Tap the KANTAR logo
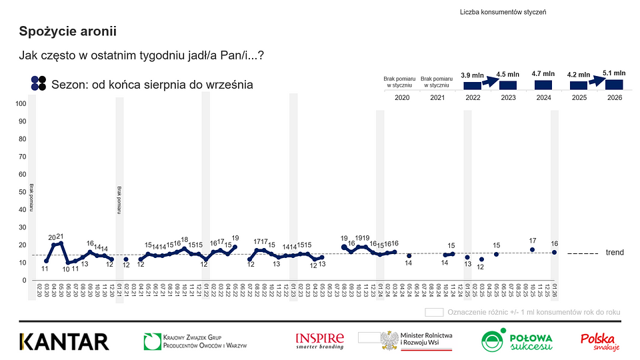[x=64, y=341]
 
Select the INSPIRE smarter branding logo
[x=320, y=341]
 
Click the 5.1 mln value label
[x=614, y=73]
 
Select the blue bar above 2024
[x=543, y=85]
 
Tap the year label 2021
[x=437, y=98]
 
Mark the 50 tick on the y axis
[x=22, y=192]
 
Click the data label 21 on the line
[x=60, y=236]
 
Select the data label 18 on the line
[x=185, y=239]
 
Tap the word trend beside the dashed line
[x=615, y=253]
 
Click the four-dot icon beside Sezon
[x=39, y=83]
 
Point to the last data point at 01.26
[x=554, y=252]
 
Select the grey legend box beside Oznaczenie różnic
[x=434, y=311]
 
